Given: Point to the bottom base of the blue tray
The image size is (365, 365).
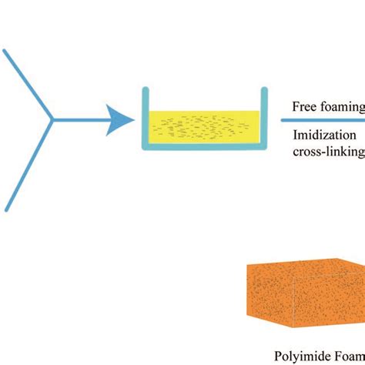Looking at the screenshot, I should click(x=205, y=144).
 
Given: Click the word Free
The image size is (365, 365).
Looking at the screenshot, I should click(x=306, y=106).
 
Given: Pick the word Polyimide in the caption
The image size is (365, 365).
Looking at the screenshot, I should click(x=300, y=357).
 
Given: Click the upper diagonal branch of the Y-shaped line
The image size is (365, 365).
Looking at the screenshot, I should click(x=27, y=84).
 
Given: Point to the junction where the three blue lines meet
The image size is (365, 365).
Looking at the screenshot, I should click(x=52, y=120).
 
